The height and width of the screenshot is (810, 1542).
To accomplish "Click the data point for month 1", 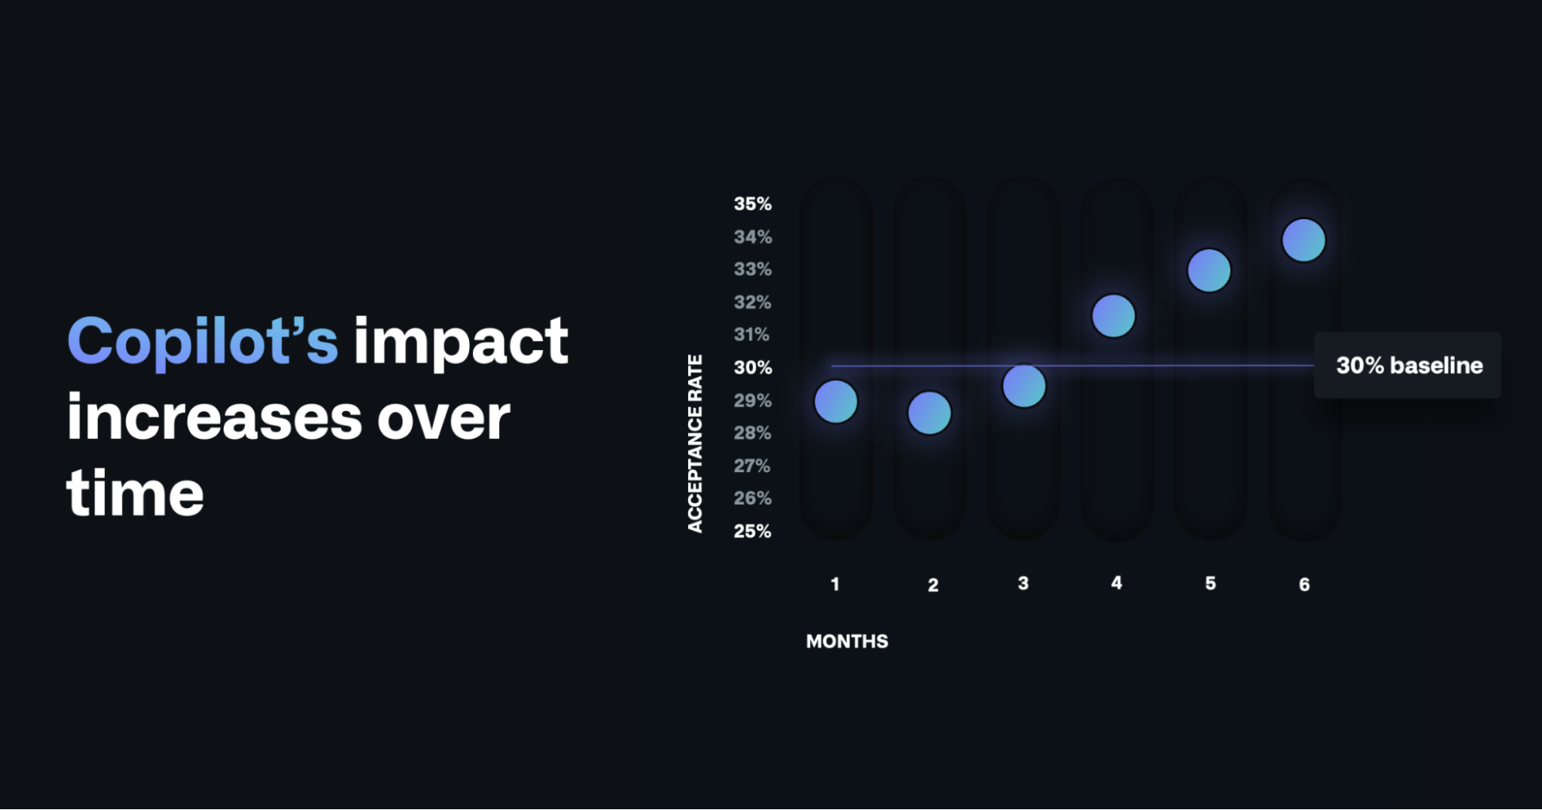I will click(x=835, y=401).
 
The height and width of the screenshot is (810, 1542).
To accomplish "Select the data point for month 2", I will click(x=930, y=413).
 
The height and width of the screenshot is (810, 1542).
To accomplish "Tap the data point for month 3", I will click(x=1024, y=386).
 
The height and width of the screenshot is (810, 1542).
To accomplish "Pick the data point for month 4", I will click(x=1114, y=316).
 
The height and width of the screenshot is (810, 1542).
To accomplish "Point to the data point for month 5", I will click(x=1209, y=270).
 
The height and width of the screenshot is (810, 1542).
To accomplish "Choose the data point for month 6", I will click(x=1304, y=240).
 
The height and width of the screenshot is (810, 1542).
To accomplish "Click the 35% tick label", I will click(x=752, y=204).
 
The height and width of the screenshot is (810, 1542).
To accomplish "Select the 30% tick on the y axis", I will click(x=752, y=368).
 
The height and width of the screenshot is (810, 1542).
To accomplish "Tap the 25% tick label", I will click(x=752, y=532).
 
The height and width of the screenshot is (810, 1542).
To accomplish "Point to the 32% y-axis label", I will click(x=752, y=302).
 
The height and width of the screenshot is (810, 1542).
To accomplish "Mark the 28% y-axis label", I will click(x=752, y=433).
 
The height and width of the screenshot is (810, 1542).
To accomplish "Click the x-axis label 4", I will click(x=1116, y=583).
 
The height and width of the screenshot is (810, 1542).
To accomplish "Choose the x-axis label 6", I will click(x=1304, y=585).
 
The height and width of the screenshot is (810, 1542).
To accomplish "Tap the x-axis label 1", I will click(x=835, y=585).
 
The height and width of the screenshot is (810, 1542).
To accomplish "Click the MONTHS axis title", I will click(x=847, y=641).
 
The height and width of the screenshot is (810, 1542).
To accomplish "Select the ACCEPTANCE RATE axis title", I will click(x=695, y=444).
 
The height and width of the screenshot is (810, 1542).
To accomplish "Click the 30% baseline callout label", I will click(x=1409, y=366).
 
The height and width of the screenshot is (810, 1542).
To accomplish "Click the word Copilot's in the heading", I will click(x=203, y=341).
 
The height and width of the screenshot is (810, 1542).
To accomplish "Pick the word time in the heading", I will click(x=136, y=493).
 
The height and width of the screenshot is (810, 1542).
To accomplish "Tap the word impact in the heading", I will click(x=461, y=341).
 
